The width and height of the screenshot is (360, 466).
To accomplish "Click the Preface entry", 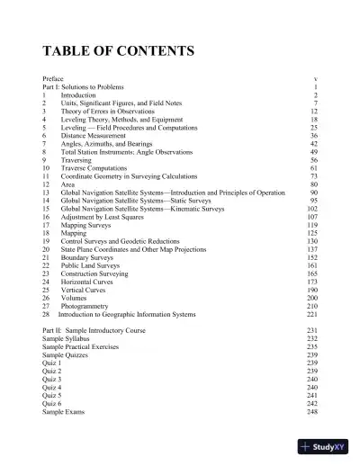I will pos(53,79).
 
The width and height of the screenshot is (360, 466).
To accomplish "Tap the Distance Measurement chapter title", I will pos(92,135).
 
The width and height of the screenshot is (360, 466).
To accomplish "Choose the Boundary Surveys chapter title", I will pos(88,257).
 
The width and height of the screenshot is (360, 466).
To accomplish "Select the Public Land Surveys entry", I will pos(91,265).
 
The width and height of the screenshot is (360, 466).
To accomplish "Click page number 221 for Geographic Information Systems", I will pos(312,314).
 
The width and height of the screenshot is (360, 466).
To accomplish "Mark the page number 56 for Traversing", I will pos(314,159).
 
